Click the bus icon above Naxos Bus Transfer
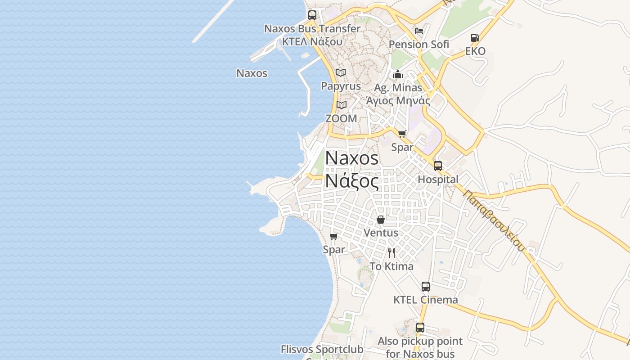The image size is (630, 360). [312, 15]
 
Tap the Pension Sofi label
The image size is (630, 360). [418, 45]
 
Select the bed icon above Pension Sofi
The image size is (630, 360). [419, 31]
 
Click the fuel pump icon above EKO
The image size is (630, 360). [475, 38]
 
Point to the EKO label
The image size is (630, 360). [475, 51]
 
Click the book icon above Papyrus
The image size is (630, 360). [341, 73]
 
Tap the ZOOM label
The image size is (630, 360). [341, 119]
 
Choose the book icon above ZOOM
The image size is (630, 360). [342, 105]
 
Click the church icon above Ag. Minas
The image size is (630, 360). [398, 74]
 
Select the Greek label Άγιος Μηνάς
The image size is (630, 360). [398, 100]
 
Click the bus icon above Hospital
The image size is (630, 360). [438, 166]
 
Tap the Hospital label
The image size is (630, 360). [438, 180]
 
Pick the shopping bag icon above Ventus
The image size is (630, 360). [381, 220]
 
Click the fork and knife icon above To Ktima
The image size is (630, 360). [391, 253]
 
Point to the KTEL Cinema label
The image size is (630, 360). [425, 300]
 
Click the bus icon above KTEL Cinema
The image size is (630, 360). [425, 286]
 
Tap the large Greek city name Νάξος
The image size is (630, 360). [352, 181]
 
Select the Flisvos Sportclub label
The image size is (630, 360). [322, 349]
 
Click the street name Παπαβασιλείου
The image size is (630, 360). [494, 221]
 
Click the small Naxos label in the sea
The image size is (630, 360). [252, 73]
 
